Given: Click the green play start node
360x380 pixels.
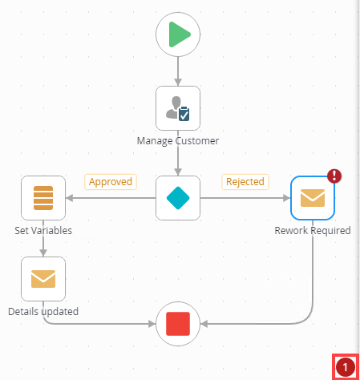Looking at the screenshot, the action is pyautogui.click(x=178, y=34).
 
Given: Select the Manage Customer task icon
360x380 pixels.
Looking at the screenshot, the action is pyautogui.click(x=178, y=108).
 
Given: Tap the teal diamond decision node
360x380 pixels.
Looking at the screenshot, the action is pyautogui.click(x=178, y=198).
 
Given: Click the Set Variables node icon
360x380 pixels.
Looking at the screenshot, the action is pyautogui.click(x=43, y=198).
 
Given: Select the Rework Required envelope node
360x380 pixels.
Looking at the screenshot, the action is pyautogui.click(x=313, y=198).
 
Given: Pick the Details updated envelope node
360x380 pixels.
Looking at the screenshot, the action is pyautogui.click(x=43, y=279).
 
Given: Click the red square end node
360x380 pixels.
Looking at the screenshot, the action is pyautogui.click(x=178, y=324).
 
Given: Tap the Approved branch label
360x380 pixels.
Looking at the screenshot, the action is pyautogui.click(x=111, y=182).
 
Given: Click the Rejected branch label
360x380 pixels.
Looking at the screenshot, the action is pyautogui.click(x=245, y=182).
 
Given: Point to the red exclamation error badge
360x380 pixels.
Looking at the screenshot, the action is pyautogui.click(x=334, y=176).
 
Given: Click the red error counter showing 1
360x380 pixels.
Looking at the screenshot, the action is pyautogui.click(x=346, y=367).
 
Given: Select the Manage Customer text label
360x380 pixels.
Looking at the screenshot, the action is pyautogui.click(x=178, y=141).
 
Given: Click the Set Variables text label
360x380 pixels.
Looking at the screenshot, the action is pyautogui.click(x=43, y=230).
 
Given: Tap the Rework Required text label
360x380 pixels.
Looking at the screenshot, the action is pyautogui.click(x=313, y=230).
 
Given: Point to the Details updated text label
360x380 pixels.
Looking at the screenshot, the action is pyautogui.click(x=43, y=312).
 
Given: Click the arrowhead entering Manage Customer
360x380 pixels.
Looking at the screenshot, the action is pyautogui.click(x=178, y=83).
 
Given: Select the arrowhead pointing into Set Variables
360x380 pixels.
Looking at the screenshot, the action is pyautogui.click(x=69, y=198).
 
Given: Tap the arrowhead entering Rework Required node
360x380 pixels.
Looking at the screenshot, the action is pyautogui.click(x=287, y=198).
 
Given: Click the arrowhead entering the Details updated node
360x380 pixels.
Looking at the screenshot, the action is pyautogui.click(x=43, y=253).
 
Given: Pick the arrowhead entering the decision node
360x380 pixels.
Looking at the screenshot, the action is pyautogui.click(x=178, y=172).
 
